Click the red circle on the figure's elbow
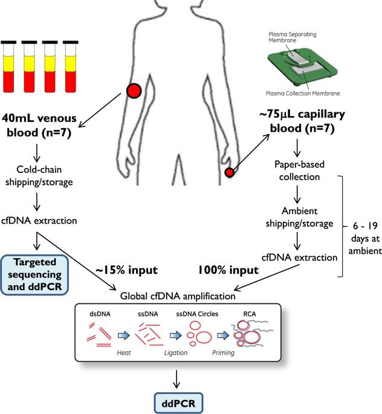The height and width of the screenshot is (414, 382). [133, 92]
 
